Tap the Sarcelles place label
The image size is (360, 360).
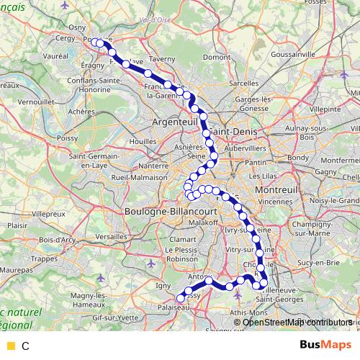coord(243,84)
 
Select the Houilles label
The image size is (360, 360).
coord(138,142)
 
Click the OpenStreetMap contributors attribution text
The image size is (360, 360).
coord(297,322)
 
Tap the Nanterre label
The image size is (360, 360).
coord(153,166)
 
